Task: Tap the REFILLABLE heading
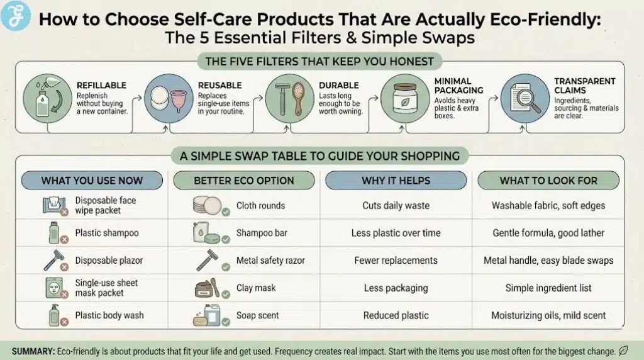click(x=101, y=86)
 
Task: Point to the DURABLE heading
click(x=338, y=86)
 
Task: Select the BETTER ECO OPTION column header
click(x=243, y=181)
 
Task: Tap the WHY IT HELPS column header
click(x=396, y=181)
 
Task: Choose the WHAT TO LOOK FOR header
click(x=548, y=181)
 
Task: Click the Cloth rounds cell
click(x=260, y=206)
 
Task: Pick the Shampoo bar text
click(x=261, y=233)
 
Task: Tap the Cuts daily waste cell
click(x=396, y=206)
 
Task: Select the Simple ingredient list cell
click(x=548, y=288)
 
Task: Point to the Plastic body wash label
click(x=109, y=315)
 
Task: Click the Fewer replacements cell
click(x=396, y=260)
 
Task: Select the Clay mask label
click(x=256, y=288)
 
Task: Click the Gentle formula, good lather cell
click(x=548, y=233)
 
